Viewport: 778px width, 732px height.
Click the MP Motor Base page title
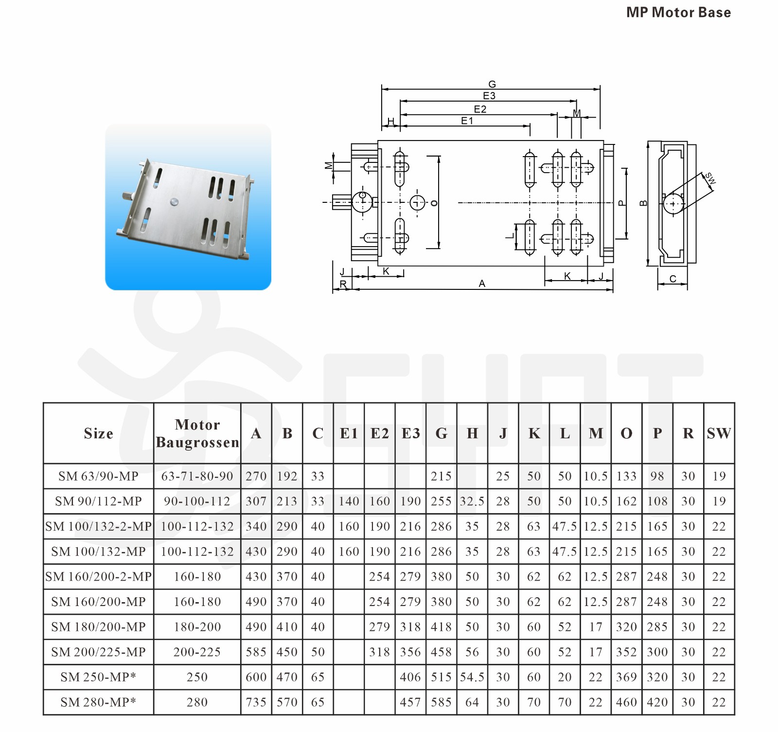tap(678, 13)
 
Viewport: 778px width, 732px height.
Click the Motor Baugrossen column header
tap(197, 433)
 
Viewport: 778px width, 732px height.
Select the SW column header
tap(719, 433)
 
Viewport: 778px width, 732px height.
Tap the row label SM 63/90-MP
tap(99, 476)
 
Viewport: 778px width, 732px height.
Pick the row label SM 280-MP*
tap(99, 702)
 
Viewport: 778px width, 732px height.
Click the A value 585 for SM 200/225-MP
tap(256, 652)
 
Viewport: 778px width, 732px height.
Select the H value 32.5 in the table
tap(472, 501)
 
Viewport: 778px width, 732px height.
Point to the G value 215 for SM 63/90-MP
tap(441, 476)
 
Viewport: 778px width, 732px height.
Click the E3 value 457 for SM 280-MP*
tap(410, 702)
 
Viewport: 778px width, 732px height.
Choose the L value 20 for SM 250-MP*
tap(565, 677)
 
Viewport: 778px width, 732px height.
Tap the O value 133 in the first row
tap(626, 476)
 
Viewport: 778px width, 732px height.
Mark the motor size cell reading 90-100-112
tap(197, 501)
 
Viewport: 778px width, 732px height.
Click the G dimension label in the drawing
tap(492, 84)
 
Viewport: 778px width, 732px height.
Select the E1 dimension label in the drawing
tap(467, 121)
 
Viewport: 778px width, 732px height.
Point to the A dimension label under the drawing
tap(482, 284)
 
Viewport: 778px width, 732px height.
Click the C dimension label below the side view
tap(673, 279)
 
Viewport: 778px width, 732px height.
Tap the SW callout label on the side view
tap(710, 178)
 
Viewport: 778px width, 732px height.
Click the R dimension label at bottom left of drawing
tap(343, 284)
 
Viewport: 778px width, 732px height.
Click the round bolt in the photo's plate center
tap(175, 201)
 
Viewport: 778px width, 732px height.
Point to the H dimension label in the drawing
tap(391, 121)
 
